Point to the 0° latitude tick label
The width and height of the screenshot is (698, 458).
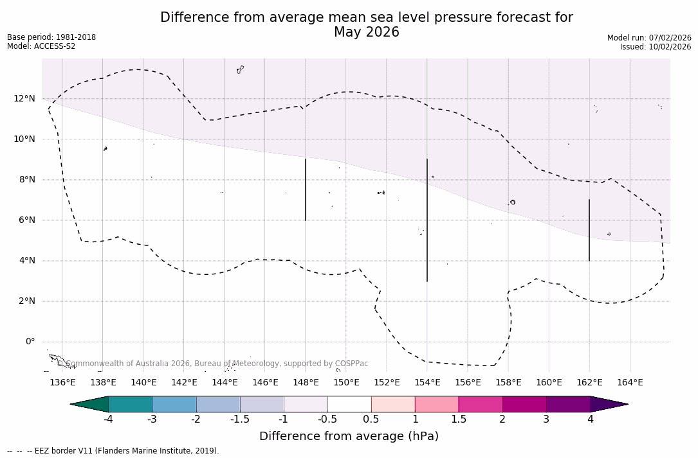coord(30,342)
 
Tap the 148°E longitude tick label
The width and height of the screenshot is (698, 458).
coord(306,383)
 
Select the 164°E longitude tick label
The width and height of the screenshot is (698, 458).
coord(630,383)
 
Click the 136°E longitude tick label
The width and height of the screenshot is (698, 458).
coord(62,383)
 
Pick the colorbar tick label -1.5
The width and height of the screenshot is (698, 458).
coord(240,419)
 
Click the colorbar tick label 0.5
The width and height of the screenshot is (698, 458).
coord(371,419)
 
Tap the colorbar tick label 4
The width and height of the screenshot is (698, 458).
coord(590,419)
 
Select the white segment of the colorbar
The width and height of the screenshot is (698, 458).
coord(349,404)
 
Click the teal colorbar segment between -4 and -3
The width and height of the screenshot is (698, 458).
coord(131,404)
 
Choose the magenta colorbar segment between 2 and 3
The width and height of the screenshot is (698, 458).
coord(524,404)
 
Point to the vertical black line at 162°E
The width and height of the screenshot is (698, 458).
coord(589,230)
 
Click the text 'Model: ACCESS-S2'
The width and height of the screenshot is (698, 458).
coord(41,46)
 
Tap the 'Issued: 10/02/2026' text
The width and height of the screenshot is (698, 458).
coord(656,47)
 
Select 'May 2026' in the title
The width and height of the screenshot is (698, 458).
coord(366,32)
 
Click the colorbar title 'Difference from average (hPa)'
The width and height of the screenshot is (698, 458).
coord(349,437)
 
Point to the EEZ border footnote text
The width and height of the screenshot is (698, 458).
coord(113,451)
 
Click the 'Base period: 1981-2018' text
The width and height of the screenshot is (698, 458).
coord(51,37)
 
